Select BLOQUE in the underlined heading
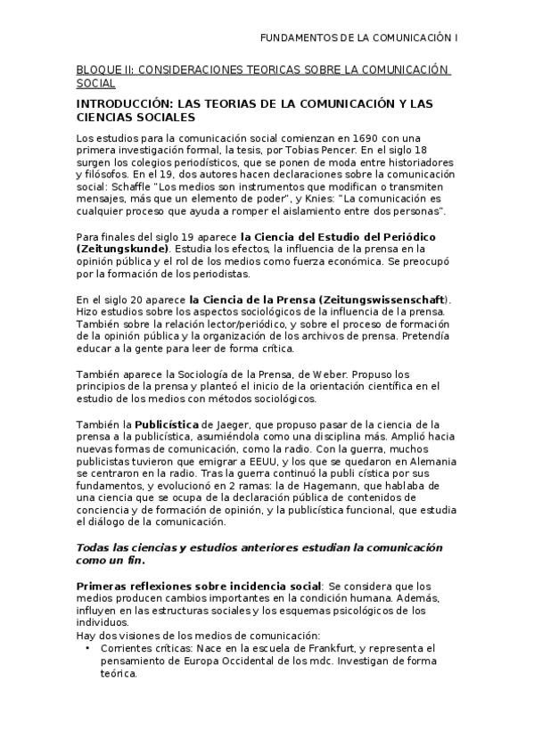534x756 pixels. click(x=97, y=70)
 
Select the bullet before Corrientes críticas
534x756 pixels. click(x=87, y=648)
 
